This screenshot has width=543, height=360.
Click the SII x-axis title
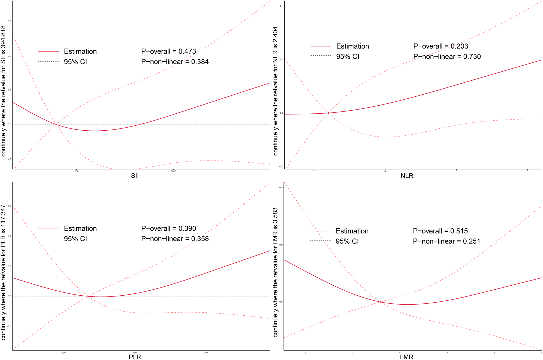[135, 176]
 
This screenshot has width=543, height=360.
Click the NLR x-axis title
[407, 176]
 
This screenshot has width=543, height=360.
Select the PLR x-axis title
[135, 357]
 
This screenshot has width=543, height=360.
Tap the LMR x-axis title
[406, 357]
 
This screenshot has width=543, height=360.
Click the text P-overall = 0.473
[168, 52]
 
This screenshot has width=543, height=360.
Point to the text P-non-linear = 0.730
[447, 57]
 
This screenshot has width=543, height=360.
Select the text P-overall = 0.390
[168, 228]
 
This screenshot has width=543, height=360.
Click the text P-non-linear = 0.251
[446, 241]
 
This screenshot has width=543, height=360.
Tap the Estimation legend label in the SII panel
[80, 52]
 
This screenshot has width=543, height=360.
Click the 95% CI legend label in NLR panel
[348, 57]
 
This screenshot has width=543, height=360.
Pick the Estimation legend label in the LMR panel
[352, 231]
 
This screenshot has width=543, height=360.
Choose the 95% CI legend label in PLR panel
[75, 239]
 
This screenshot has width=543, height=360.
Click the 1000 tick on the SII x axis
[173, 171]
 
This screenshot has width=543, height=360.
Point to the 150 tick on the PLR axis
[135, 352]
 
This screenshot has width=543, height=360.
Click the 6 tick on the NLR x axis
[456, 171]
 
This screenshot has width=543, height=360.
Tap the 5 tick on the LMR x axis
[447, 352]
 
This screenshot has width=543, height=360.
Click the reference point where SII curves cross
[56, 124]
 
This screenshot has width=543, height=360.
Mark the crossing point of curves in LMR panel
[380, 302]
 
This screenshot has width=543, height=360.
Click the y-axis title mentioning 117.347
[3, 272]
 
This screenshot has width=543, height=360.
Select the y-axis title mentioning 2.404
[275, 91]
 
